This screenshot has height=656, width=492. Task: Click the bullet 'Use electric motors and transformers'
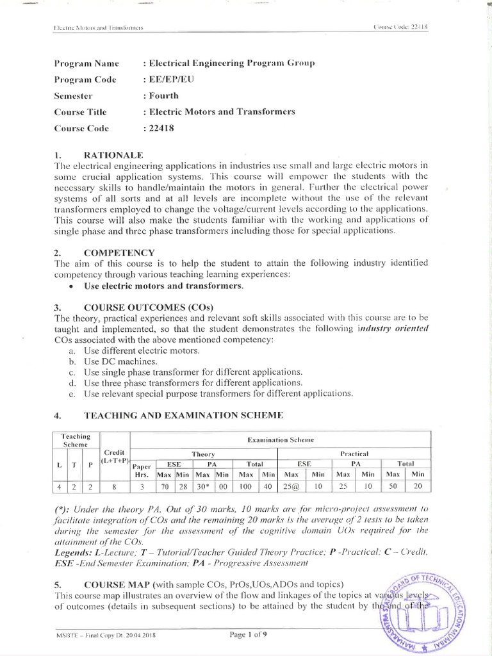click(x=164, y=286)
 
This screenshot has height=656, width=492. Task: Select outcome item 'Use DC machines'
click(x=120, y=361)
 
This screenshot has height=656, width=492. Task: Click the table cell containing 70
click(x=164, y=487)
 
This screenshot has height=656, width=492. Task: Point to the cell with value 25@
click(x=291, y=487)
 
